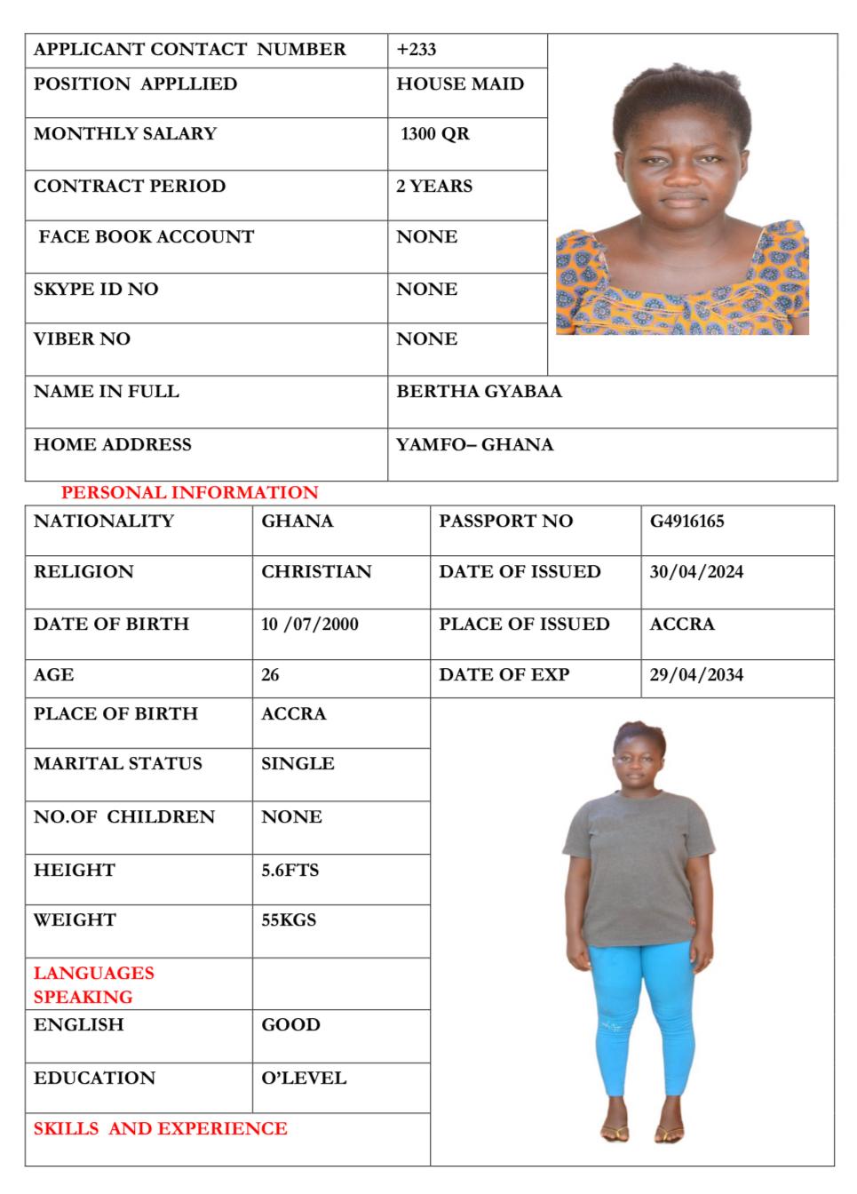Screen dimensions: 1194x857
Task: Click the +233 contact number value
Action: pos(416,50)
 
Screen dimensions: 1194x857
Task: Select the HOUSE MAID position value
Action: pos(460,84)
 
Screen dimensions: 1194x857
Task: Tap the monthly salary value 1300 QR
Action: pos(435,134)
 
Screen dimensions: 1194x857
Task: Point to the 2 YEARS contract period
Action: pos(434,187)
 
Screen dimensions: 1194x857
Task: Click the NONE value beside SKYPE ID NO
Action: pos(427,290)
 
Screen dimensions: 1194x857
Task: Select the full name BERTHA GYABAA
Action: pos(479,392)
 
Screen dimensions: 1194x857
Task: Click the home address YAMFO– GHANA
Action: pos(474,445)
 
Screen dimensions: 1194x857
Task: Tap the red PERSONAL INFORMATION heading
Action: pos(189,493)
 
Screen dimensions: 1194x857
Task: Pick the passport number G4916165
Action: pos(686,521)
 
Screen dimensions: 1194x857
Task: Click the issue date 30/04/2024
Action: pos(696,572)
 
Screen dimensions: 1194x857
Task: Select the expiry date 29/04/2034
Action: pos(696,675)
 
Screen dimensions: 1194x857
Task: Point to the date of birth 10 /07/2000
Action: pos(310,625)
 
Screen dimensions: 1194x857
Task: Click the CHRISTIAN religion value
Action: pos(316,572)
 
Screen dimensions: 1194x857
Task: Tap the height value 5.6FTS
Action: pos(290,871)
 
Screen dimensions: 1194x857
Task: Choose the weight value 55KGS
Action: pos(289,920)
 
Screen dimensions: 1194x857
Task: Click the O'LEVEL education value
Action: pos(304,1079)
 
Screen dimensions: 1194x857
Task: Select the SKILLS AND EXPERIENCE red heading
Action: pos(161,1129)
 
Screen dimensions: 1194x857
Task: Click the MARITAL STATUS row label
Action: pos(118,764)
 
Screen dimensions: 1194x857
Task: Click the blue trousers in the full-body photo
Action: pos(639,1013)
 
